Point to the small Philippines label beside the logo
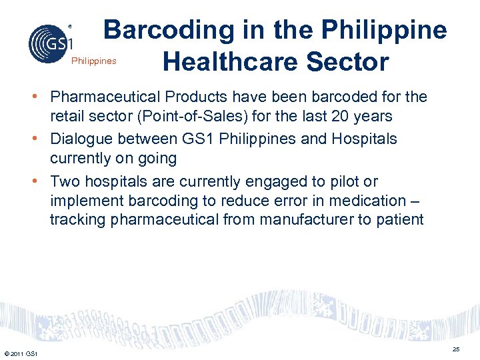93,61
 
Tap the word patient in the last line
400,220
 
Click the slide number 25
456,349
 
